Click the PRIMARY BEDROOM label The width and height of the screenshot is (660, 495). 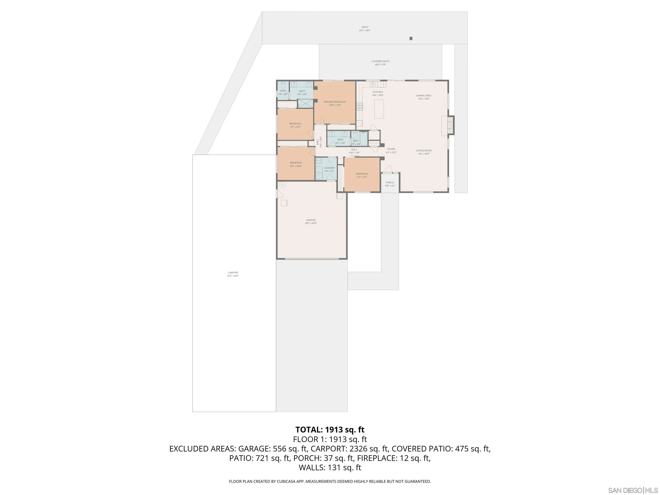click(335, 102)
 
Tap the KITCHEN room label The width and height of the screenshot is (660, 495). click(378, 92)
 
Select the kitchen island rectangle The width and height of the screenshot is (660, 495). click(379, 109)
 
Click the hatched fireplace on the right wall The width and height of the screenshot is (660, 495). click(451, 125)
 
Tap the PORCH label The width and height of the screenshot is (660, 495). click(390, 183)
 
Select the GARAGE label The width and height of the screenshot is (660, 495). click(311, 220)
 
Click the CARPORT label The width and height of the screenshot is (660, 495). click(233, 273)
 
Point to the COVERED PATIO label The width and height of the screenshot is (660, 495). click(380, 61)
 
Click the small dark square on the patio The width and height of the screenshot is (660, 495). click(411, 38)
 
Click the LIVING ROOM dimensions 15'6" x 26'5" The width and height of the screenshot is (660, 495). click(424, 154)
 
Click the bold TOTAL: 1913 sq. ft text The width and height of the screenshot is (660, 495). click(330, 430)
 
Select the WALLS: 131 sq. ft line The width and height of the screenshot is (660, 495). click(330, 467)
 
